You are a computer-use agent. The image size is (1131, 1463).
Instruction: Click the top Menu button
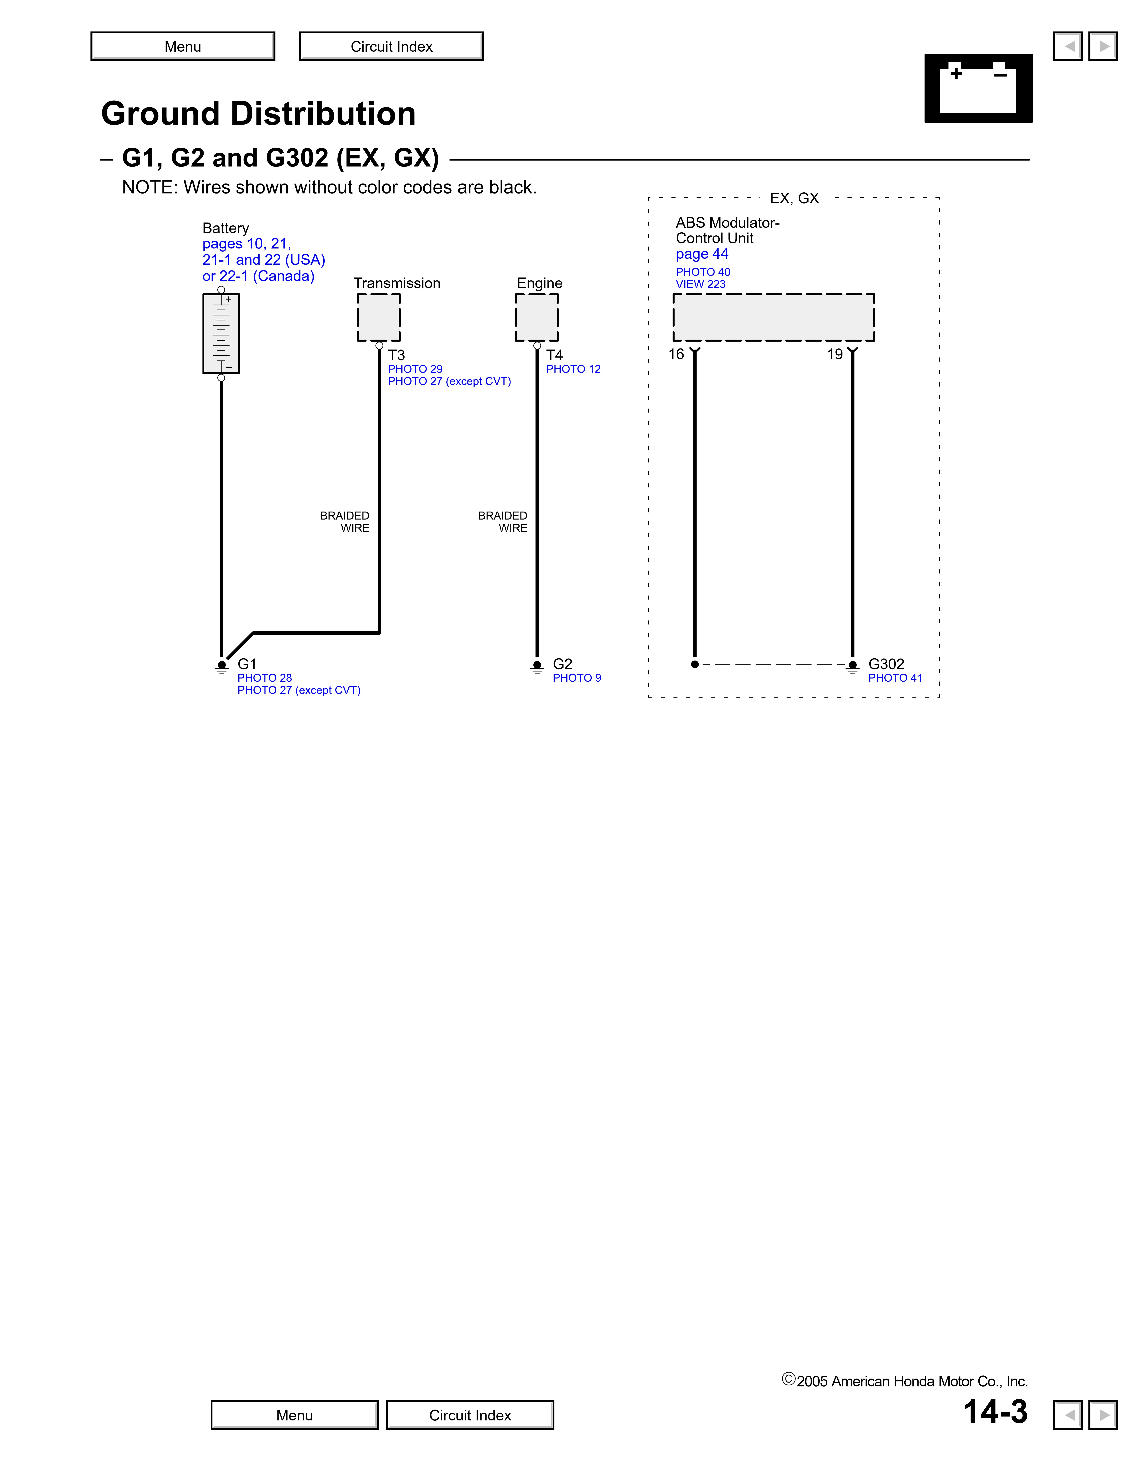[183, 46]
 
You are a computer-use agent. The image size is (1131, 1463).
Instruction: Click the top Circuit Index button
[391, 46]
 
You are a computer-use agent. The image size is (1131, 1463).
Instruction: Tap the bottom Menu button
[294, 1415]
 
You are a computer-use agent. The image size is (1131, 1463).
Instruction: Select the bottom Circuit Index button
[470, 1415]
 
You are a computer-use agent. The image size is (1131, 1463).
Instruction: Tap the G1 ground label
[247, 664]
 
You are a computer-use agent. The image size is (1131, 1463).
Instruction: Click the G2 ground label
[562, 664]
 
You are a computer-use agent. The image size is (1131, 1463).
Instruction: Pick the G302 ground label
[886, 664]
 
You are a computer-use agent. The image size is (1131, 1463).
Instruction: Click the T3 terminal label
[396, 355]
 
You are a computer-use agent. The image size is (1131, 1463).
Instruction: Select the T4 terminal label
[554, 355]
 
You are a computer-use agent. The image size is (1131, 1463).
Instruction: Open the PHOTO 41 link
[895, 678]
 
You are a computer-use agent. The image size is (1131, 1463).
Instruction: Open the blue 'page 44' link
[701, 254]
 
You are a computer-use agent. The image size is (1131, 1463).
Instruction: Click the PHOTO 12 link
[573, 369]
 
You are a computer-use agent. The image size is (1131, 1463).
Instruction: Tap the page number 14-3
[995, 1411]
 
